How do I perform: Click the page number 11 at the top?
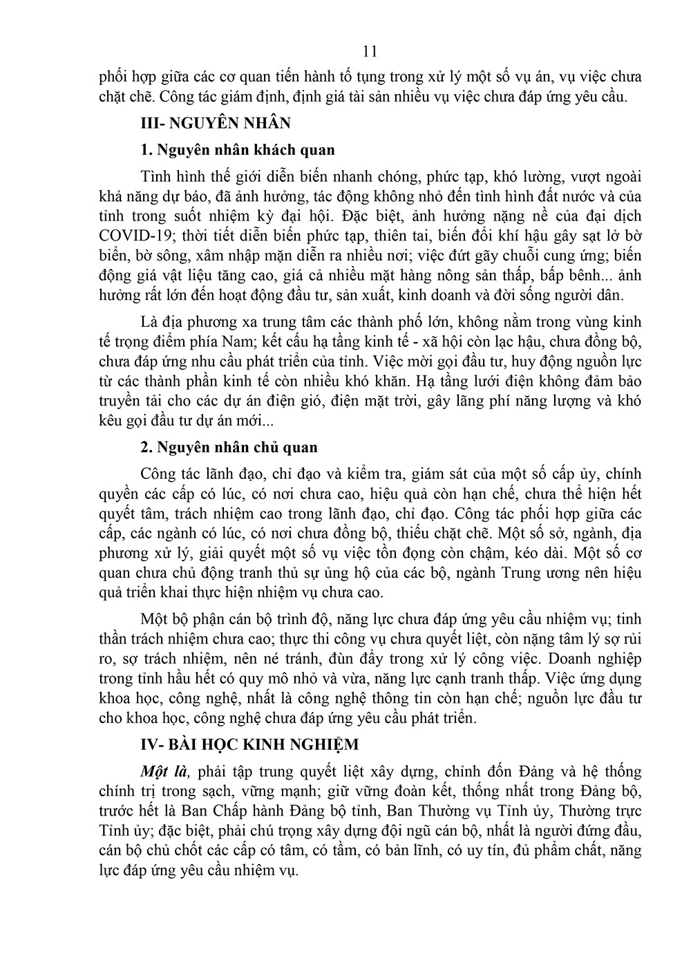[369, 51]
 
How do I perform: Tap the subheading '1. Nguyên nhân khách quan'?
[237, 150]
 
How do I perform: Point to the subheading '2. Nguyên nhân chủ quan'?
[229, 447]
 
